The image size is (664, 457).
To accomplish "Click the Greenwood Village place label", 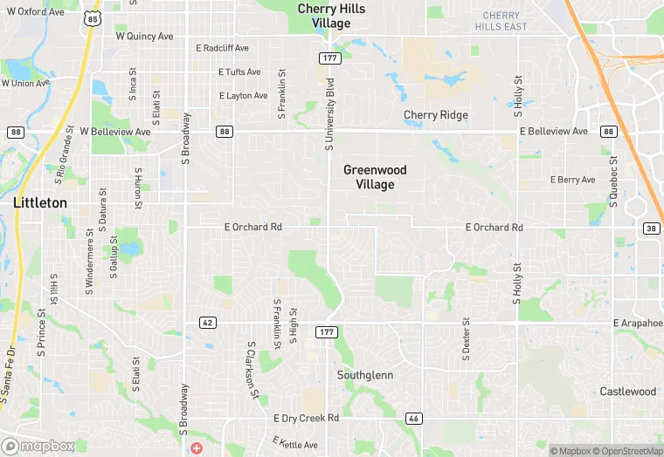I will (375, 177).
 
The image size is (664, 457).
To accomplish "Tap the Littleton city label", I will (40, 202).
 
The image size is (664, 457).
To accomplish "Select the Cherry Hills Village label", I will (331, 17).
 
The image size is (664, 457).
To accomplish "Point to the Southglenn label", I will (365, 375).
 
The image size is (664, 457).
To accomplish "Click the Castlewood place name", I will (627, 392).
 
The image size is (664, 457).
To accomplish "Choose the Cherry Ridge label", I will (435, 115).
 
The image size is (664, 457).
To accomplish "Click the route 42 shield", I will (207, 323).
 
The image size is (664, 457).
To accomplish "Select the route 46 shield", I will (414, 419).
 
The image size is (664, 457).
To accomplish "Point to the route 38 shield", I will (650, 228).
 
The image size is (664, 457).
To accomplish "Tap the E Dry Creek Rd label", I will (306, 419).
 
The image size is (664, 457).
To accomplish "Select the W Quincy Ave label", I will (145, 37).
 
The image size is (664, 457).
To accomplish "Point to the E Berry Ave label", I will (572, 180).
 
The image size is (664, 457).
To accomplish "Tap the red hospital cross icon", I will (197, 447).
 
